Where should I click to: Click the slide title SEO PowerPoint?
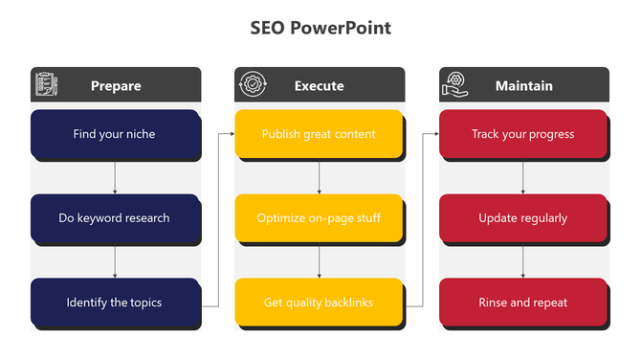pyautogui.click(x=320, y=28)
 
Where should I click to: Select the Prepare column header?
pyautogui.click(x=116, y=86)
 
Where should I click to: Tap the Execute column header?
pyautogui.click(x=320, y=86)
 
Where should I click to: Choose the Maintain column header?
pyautogui.click(x=523, y=86)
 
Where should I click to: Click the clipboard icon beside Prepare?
pyautogui.click(x=45, y=85)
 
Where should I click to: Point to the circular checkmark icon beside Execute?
pyautogui.click(x=251, y=85)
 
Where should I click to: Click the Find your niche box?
pyautogui.click(x=115, y=134)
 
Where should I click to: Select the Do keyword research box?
pyautogui.click(x=115, y=218)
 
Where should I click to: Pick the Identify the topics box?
pyautogui.click(x=115, y=303)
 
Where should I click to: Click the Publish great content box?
pyautogui.click(x=319, y=134)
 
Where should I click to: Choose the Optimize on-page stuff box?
pyautogui.click(x=319, y=218)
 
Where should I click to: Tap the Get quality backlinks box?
pyautogui.click(x=319, y=303)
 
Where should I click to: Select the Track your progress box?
pyautogui.click(x=522, y=134)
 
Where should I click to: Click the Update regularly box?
pyautogui.click(x=522, y=218)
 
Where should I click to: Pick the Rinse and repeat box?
pyautogui.click(x=522, y=303)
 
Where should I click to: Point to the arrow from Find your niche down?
pyautogui.click(x=115, y=177)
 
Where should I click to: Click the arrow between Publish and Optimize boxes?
pyautogui.click(x=320, y=177)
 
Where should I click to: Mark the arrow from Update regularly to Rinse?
pyautogui.click(x=523, y=261)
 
